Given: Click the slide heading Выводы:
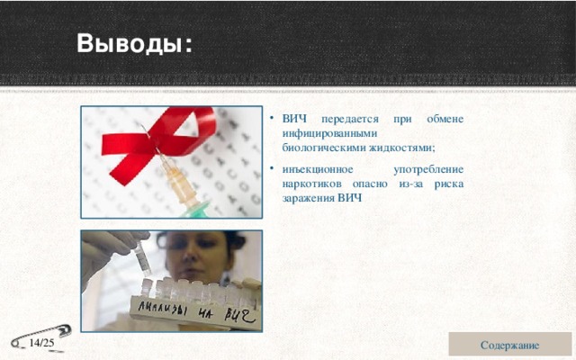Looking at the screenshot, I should click(x=134, y=43).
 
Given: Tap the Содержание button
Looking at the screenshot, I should click(x=509, y=345).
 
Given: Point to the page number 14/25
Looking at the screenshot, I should click(x=41, y=344).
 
